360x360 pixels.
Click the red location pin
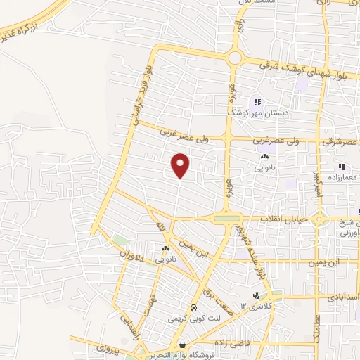tap(181, 164)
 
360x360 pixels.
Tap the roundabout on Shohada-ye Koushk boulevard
tap(235, 58)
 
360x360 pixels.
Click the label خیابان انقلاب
tap(285, 220)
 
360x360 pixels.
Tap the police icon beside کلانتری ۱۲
tap(257, 295)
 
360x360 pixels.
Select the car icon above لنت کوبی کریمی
tap(193, 308)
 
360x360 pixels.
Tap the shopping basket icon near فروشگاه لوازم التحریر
tap(184, 345)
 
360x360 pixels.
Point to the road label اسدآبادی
tap(344, 297)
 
